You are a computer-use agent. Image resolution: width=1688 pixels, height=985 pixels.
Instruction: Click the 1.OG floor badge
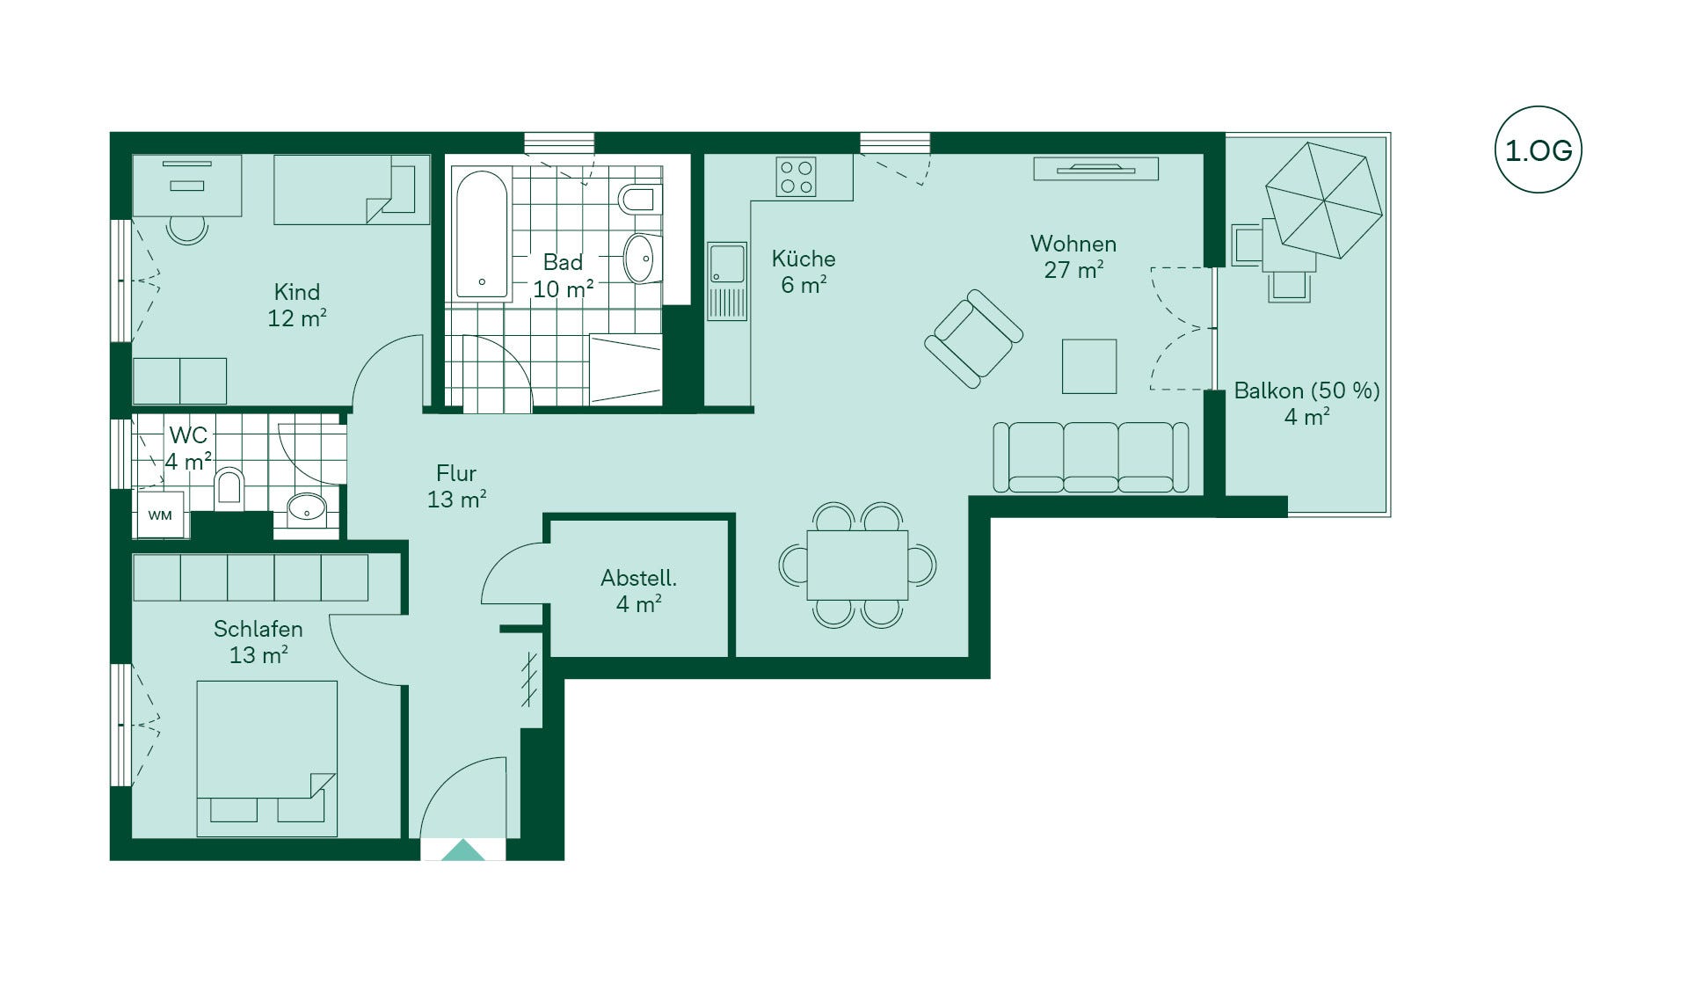point(1538,150)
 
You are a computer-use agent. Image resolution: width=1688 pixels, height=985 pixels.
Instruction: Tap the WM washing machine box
point(160,514)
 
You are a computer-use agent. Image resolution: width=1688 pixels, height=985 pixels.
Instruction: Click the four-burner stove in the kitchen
point(796,176)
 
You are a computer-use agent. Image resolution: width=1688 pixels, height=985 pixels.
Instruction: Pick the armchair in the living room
point(973,339)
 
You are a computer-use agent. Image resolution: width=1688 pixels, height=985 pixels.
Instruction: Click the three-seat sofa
point(1090,456)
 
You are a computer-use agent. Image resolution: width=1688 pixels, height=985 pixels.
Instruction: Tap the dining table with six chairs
point(857,565)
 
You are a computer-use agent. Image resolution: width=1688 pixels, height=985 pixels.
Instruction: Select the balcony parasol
point(1323,201)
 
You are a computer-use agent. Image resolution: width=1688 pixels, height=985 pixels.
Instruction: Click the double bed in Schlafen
point(266,758)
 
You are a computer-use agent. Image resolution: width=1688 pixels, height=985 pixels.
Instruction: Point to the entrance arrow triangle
point(463,850)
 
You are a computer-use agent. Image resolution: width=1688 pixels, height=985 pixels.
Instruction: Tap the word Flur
point(456,473)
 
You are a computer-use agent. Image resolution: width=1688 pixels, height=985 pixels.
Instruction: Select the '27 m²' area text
point(1073,270)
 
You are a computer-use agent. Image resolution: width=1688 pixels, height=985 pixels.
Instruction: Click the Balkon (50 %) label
point(1306,390)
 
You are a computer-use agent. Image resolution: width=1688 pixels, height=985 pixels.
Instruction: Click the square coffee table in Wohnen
point(1089,366)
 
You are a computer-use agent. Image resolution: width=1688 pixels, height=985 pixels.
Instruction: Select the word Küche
point(804,259)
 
